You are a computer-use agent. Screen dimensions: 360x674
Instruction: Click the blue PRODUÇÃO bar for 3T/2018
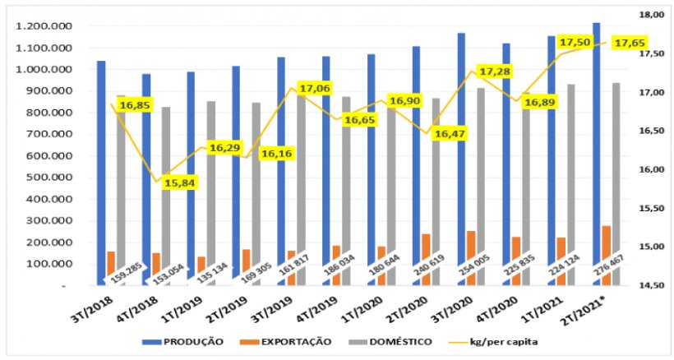click(101, 173)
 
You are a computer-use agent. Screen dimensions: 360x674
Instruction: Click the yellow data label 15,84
click(178, 182)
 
